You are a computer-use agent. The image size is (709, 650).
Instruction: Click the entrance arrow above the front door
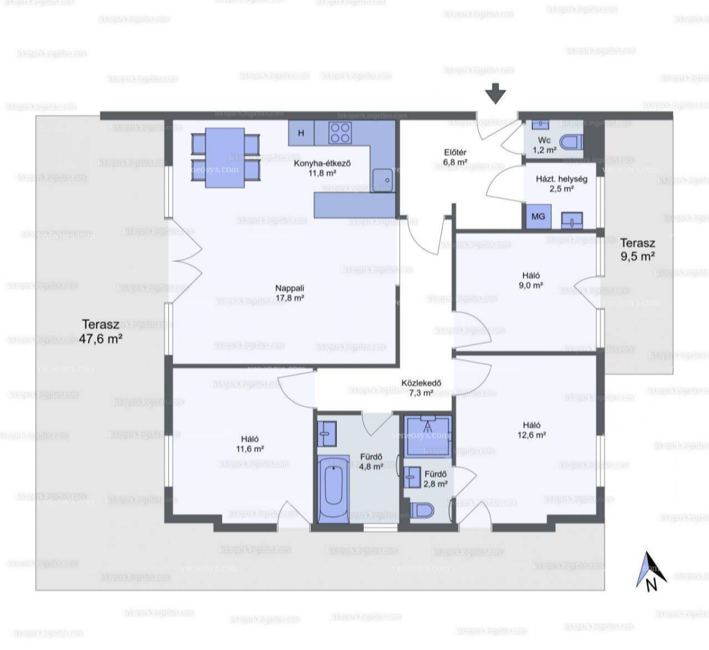[495, 93]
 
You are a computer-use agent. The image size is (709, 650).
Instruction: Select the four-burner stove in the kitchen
[339, 133]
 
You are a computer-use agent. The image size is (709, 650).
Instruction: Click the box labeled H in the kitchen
[301, 133]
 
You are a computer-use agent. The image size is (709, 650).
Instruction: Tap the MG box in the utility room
[538, 217]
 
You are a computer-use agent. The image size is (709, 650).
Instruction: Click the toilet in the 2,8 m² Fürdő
[422, 509]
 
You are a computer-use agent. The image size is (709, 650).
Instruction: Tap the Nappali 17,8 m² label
[290, 293]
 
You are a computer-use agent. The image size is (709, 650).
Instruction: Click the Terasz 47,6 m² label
[101, 332]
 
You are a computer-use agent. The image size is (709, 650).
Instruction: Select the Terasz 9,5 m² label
[637, 250]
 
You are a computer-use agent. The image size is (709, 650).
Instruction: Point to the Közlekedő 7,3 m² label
[421, 387]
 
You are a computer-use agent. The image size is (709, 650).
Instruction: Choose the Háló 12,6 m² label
[531, 430]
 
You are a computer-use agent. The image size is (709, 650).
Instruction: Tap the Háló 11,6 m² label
[249, 444]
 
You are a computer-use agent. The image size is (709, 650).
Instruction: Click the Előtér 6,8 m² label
[455, 157]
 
